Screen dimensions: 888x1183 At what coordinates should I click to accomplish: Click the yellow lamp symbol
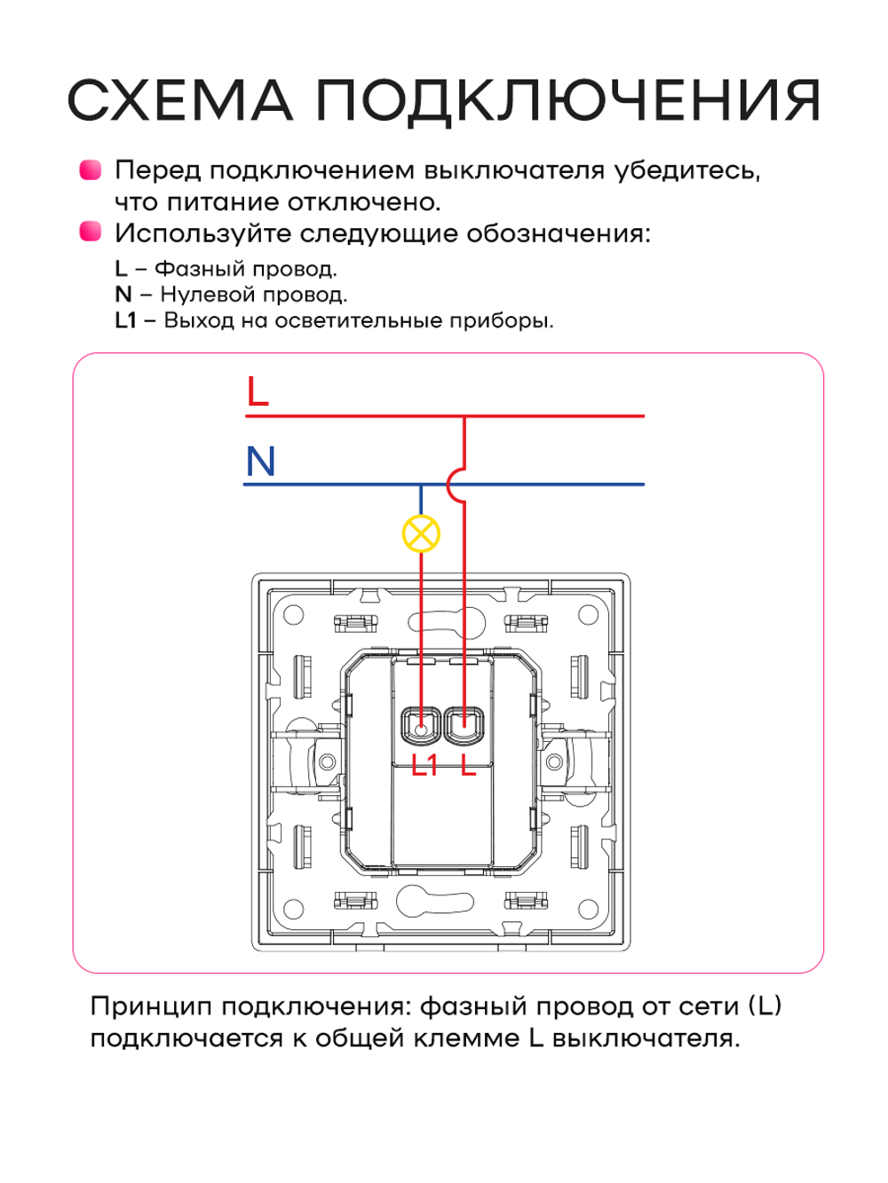(x=421, y=534)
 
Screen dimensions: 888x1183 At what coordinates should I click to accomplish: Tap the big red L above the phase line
(x=258, y=391)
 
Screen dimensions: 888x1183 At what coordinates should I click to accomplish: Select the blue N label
(x=260, y=461)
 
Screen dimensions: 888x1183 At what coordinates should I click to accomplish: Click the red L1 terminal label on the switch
(x=424, y=765)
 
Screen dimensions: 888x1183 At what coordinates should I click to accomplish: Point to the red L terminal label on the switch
(x=469, y=765)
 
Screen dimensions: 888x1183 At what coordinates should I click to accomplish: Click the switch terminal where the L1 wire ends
(x=421, y=725)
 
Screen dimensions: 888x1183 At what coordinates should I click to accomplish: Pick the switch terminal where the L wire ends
(x=464, y=725)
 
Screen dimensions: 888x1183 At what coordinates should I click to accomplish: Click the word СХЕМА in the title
(x=180, y=100)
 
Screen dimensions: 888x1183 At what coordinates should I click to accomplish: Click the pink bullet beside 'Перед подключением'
(x=91, y=170)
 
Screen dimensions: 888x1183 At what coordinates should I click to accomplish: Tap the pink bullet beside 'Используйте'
(x=91, y=232)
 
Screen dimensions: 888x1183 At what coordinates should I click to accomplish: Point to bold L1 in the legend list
(x=125, y=320)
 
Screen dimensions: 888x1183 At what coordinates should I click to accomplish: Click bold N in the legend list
(x=123, y=295)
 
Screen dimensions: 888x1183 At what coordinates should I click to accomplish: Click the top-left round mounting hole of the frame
(x=293, y=615)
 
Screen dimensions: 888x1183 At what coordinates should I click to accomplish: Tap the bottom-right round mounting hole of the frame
(x=588, y=910)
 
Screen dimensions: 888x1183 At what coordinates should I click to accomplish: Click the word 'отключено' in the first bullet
(x=364, y=202)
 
